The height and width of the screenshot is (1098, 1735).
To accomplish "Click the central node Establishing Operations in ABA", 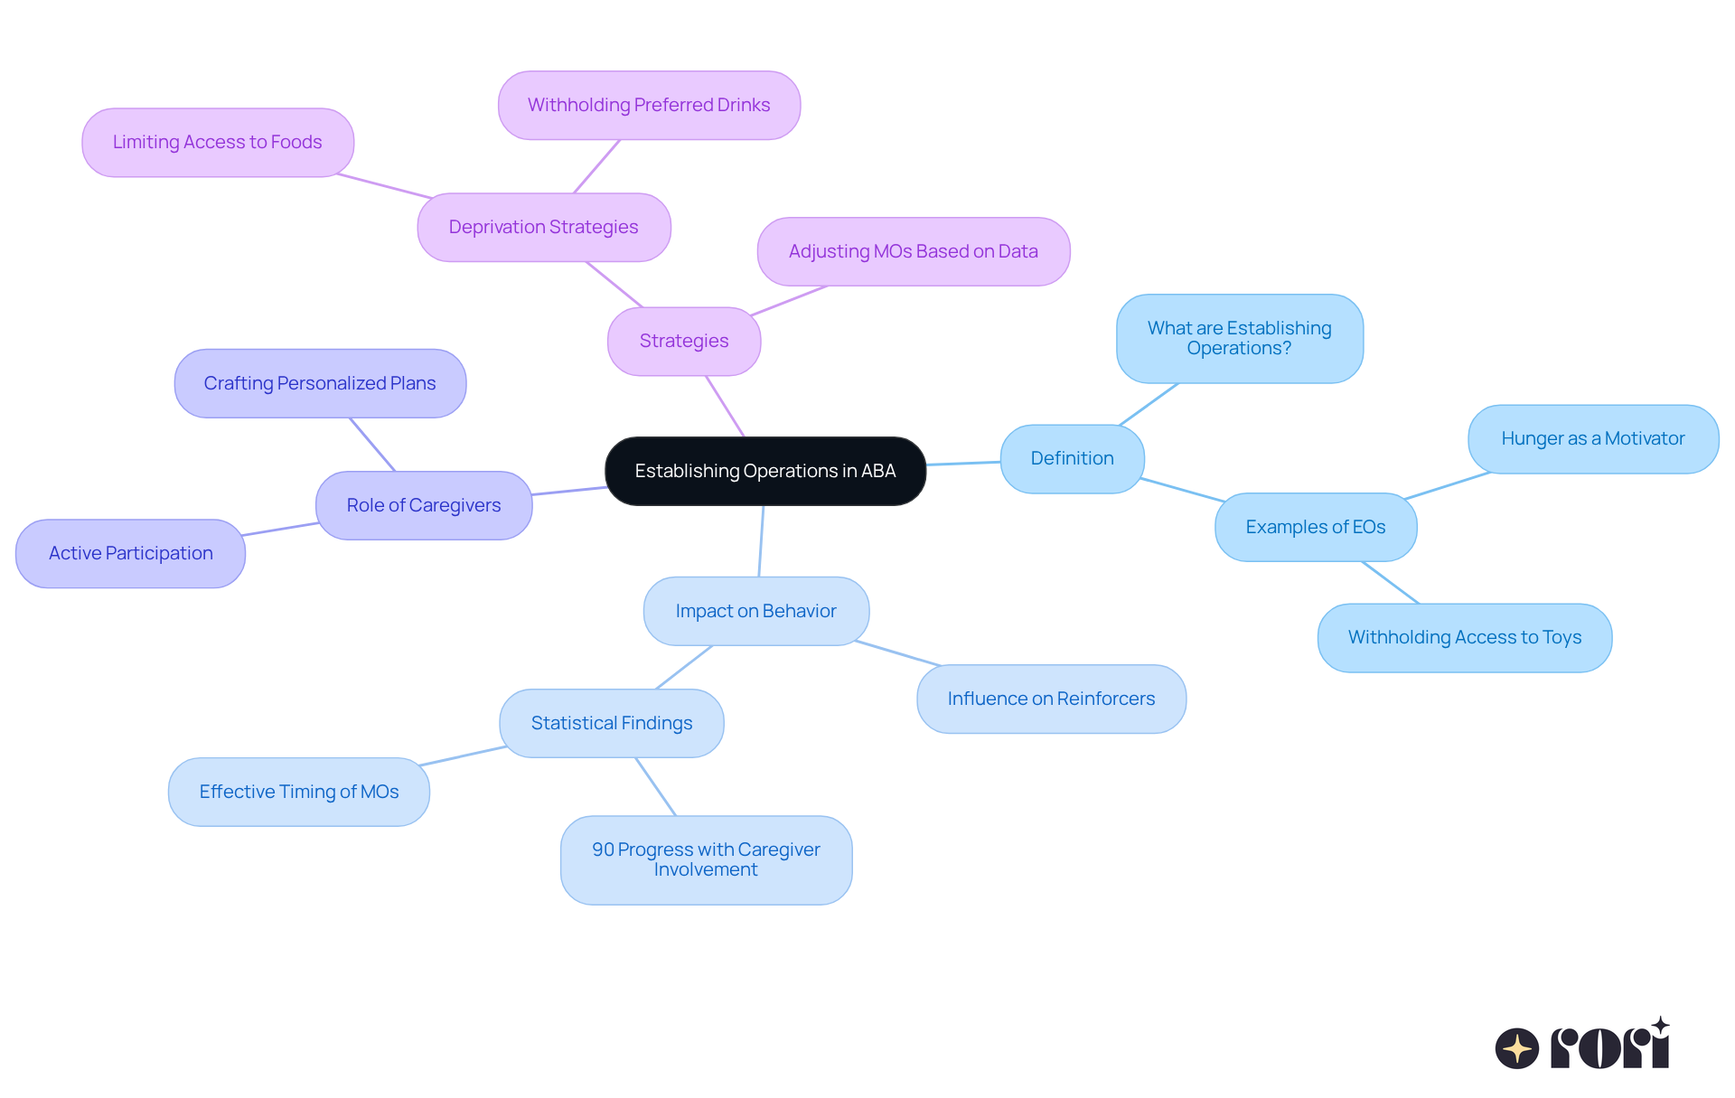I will click(764, 471).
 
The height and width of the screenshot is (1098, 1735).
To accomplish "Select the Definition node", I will click(1072, 459).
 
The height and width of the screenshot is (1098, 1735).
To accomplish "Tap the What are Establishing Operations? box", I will click(1239, 339).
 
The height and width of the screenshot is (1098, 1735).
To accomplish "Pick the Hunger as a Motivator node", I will click(1592, 439).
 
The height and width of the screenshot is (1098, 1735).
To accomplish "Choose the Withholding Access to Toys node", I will click(1464, 638).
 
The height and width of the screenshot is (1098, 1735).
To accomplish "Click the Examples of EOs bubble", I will click(1315, 527).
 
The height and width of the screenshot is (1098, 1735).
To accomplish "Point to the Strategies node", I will click(684, 342).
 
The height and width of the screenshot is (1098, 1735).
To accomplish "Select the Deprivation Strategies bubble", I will click(543, 228).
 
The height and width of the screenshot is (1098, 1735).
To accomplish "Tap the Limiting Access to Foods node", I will click(217, 143).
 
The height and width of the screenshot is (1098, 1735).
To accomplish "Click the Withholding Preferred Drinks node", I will click(649, 106).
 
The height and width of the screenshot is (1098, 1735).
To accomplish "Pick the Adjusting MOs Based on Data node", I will click(913, 252).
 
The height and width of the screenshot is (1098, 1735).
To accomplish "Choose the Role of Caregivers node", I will click(423, 506).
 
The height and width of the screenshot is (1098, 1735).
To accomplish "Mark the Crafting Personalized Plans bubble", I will click(320, 384).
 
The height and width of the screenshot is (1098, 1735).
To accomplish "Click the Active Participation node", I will click(130, 554).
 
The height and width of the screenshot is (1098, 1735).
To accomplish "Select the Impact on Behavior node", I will click(755, 612).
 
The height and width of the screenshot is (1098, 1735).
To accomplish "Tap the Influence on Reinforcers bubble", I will click(1051, 699).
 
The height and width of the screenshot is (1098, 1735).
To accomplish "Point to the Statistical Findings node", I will click(611, 724).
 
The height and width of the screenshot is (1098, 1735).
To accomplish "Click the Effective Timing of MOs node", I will click(298, 793).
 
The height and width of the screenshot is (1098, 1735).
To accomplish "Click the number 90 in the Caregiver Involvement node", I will click(603, 850).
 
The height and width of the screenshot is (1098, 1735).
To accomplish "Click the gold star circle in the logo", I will click(1516, 1048).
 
